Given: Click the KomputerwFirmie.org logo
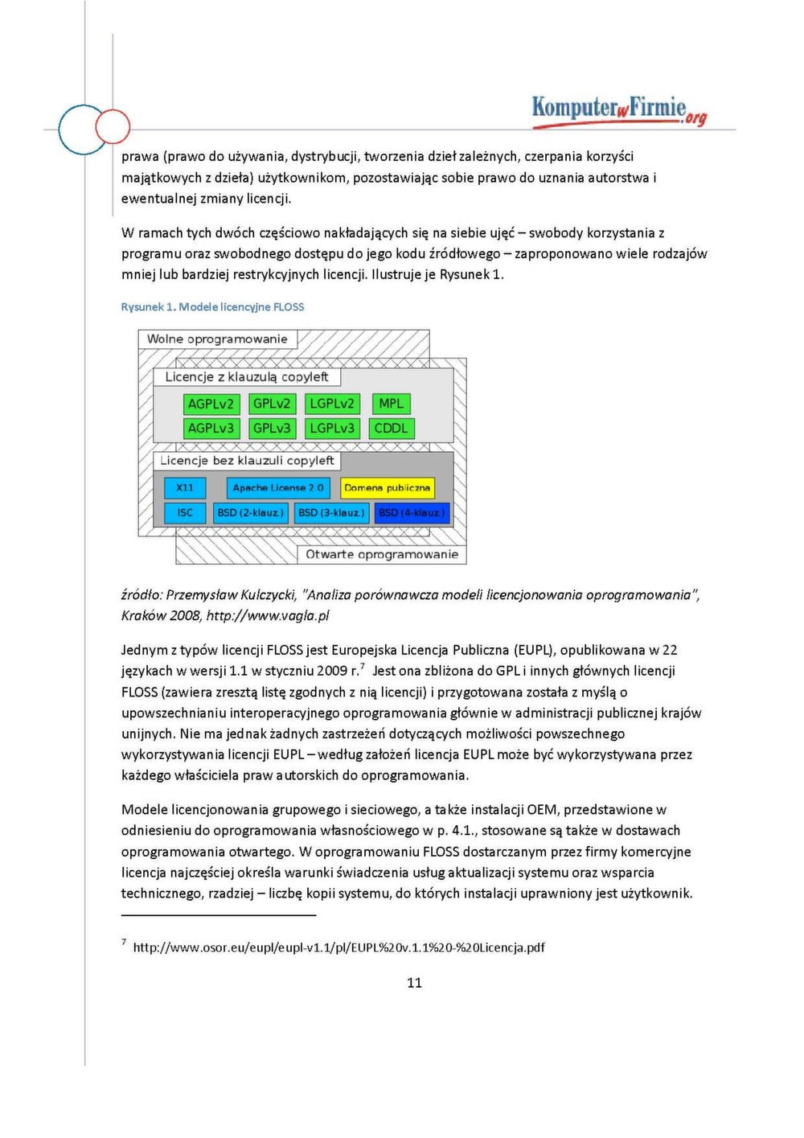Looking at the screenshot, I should (x=619, y=110).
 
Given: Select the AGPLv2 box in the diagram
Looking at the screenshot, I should (x=211, y=404).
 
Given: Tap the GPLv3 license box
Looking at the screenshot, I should (x=272, y=429).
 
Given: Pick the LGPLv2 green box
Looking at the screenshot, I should (x=332, y=404).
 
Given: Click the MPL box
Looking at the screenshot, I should (x=391, y=404).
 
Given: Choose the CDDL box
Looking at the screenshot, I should (x=391, y=429).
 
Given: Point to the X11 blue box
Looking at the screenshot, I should (x=185, y=487).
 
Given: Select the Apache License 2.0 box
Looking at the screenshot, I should (x=277, y=487).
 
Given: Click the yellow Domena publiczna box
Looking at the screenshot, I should (x=387, y=487).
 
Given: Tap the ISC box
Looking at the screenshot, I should (x=185, y=512).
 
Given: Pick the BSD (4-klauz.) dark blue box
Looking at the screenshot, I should (x=411, y=512).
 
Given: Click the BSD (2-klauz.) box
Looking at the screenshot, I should (x=250, y=512).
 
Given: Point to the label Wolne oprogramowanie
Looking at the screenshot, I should (x=217, y=339).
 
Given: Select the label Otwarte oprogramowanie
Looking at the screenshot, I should (x=382, y=554).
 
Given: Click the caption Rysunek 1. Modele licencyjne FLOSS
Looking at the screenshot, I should (x=212, y=307).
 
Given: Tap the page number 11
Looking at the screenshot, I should (x=414, y=983).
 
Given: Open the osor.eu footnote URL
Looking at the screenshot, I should (x=338, y=947).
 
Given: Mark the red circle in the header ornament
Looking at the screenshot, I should (x=113, y=126).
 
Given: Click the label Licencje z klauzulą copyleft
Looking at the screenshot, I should (x=247, y=376).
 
